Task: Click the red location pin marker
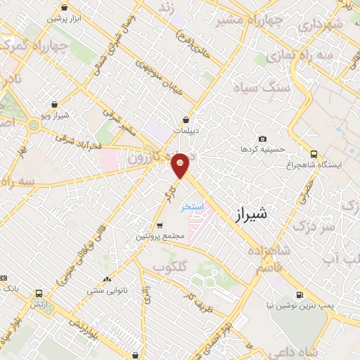click(181, 165)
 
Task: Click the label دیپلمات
click(186, 130)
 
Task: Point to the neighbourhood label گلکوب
click(169, 266)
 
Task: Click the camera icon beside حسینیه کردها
click(263, 139)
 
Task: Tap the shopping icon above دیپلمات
click(186, 120)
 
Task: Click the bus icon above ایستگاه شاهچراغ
click(314, 154)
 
